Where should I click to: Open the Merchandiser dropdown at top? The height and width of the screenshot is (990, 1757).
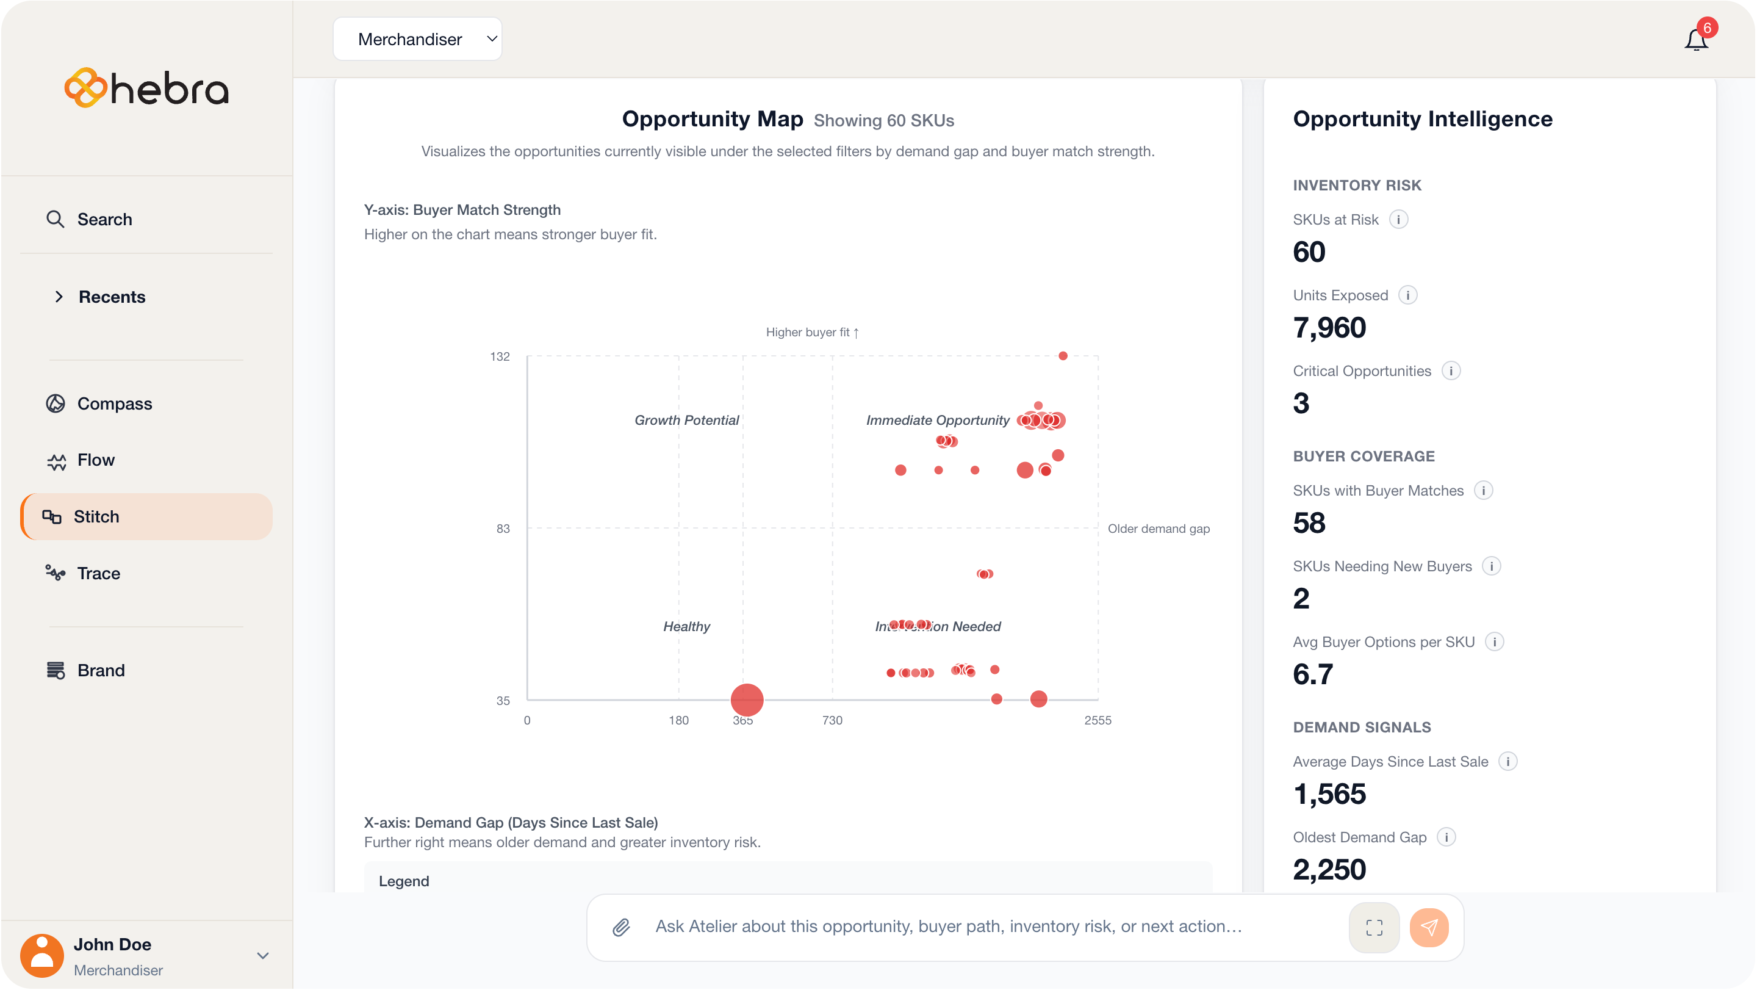coord(417,39)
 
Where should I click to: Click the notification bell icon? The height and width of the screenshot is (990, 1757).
coord(1695,40)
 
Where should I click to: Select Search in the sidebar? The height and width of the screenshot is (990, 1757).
coord(104,219)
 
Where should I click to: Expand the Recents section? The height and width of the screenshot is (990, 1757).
coord(59,297)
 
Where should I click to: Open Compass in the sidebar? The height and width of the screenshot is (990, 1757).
coord(114,403)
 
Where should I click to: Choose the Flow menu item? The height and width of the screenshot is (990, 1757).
coord(96,460)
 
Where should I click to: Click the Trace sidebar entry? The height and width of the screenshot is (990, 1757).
coord(98,573)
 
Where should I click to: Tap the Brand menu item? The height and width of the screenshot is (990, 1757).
coord(101,670)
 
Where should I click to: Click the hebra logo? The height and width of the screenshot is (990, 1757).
coord(146,88)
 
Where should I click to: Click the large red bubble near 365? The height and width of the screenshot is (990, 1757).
coord(747,699)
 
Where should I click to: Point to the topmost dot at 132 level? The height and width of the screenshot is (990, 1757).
coord(1063,355)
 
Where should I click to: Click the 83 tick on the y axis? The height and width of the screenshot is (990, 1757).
coord(503,529)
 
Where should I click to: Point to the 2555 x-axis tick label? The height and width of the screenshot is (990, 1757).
coord(1098,720)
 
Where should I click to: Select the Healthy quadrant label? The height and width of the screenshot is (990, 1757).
coord(686,626)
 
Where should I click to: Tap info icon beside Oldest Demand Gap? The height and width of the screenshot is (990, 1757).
coord(1446,837)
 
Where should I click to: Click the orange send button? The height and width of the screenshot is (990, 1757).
coord(1429,927)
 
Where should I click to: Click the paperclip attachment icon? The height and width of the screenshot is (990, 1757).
coord(620,927)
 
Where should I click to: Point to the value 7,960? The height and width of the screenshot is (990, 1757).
coord(1329,328)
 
